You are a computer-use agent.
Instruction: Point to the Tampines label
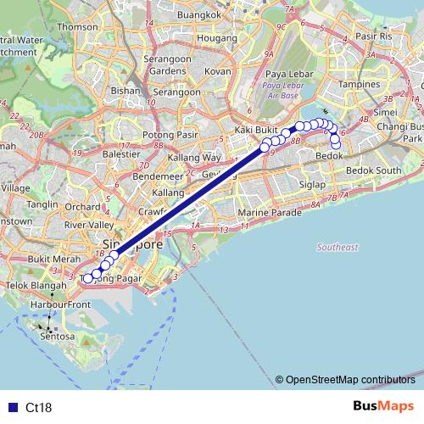(360, 85)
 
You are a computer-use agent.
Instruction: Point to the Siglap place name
(312, 183)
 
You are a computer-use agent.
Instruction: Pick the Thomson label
(78, 27)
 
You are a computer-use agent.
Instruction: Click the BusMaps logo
(383, 406)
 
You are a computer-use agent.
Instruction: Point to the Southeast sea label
(338, 247)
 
